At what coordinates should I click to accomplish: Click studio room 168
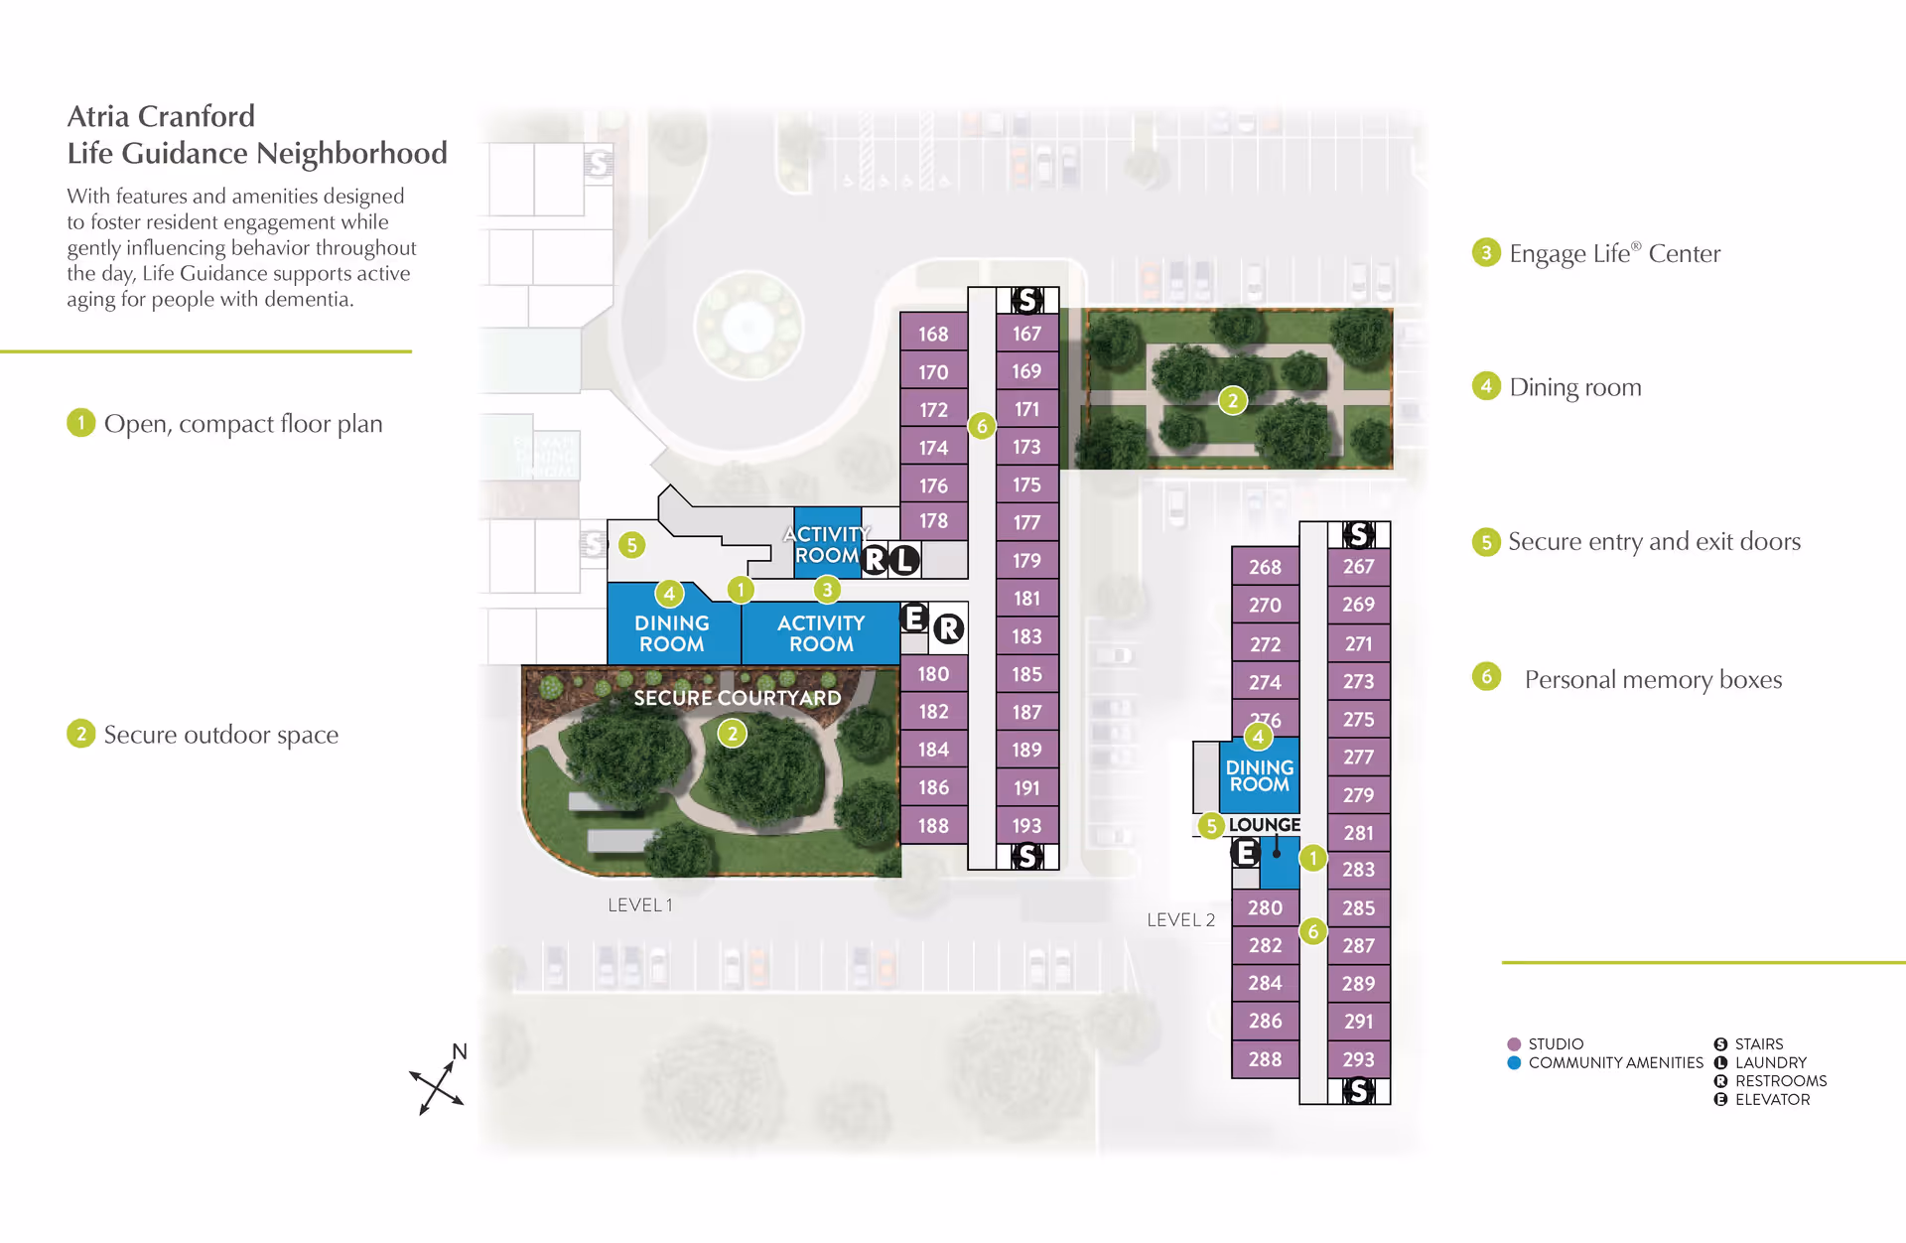[x=933, y=334]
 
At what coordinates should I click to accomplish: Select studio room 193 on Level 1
[x=1026, y=825]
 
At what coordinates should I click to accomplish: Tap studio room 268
[x=1265, y=567]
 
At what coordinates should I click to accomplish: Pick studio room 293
[x=1358, y=1059]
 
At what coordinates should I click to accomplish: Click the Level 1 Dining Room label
[x=672, y=633]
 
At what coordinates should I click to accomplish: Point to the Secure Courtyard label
[x=738, y=698]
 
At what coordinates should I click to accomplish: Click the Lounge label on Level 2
[x=1264, y=825]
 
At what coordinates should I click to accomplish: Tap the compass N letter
[x=460, y=1052]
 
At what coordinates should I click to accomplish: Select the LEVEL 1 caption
[x=640, y=905]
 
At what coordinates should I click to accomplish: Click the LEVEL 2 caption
[x=1181, y=920]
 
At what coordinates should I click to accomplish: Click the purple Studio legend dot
[x=1514, y=1044]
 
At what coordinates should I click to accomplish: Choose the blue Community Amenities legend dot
[x=1514, y=1062]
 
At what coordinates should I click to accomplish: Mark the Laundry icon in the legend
[x=1720, y=1062]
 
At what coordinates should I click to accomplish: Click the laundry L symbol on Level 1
[x=903, y=560]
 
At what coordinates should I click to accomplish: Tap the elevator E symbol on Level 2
[x=1245, y=853]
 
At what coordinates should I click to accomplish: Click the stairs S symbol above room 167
[x=1027, y=300]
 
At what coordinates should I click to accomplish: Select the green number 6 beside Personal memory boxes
[x=1486, y=677]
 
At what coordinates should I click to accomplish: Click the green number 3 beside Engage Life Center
[x=1486, y=252]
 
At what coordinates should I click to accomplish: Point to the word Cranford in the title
[x=196, y=116]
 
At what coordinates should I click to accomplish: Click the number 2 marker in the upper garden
[x=1232, y=401]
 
